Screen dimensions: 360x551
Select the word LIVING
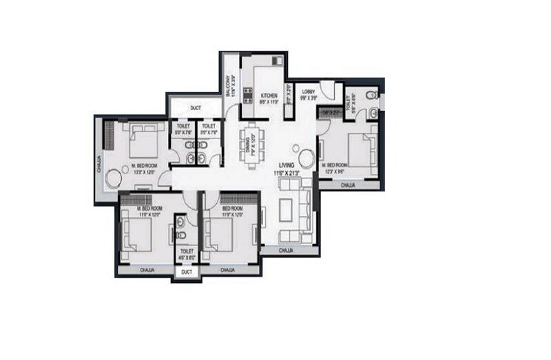click(287, 165)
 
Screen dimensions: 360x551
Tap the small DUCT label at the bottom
click(186, 273)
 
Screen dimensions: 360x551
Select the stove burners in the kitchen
click(248, 94)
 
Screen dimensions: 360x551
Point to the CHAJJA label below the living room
click(287, 252)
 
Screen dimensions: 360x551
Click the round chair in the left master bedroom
click(112, 180)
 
